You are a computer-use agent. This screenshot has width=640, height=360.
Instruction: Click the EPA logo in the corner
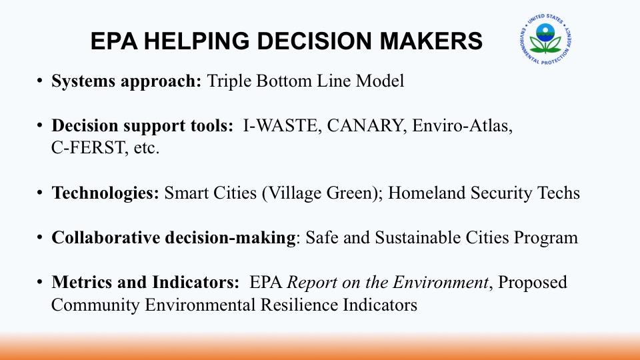546,39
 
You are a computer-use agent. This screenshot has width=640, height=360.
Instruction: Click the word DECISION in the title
314,41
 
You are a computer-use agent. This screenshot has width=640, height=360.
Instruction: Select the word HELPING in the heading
197,41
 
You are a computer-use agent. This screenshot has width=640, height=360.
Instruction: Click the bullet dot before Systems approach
39,80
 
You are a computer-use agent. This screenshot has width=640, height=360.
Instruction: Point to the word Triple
229,81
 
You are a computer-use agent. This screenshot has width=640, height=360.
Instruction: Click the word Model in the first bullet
380,81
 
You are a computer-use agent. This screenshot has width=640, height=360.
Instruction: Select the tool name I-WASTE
281,126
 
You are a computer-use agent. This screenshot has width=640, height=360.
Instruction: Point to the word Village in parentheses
290,193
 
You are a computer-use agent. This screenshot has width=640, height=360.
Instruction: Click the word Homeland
427,193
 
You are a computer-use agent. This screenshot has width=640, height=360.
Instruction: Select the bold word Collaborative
106,237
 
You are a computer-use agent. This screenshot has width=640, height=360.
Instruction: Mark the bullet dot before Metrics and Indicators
39,281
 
